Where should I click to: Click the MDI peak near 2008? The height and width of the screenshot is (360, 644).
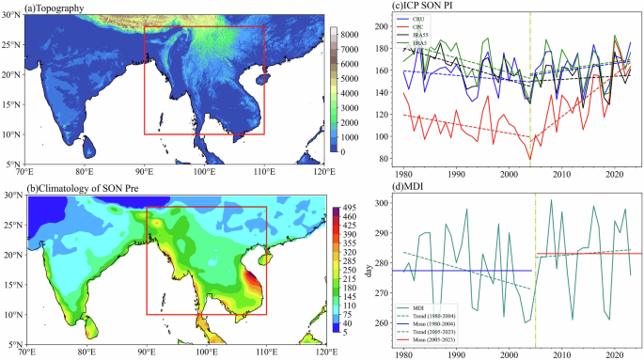(x=551, y=200)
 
